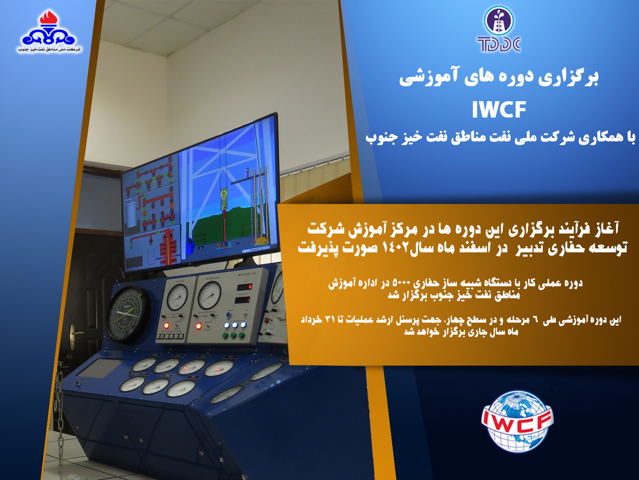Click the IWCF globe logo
(x=518, y=422)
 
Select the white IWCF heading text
(x=499, y=110)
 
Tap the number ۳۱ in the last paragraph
(x=330, y=319)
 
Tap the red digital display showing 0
(x=244, y=287)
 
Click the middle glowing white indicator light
(x=234, y=325)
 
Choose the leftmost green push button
(x=225, y=336)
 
